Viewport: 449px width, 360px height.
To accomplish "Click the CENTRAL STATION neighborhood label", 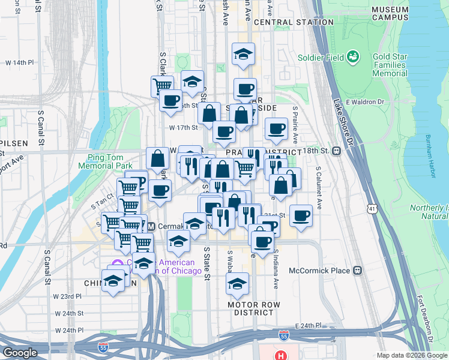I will coord(294,22).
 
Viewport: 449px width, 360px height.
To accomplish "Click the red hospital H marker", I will coord(280,355).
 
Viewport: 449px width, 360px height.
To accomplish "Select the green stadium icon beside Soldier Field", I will coord(353,58).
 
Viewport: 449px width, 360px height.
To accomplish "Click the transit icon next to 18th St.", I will coord(337,151).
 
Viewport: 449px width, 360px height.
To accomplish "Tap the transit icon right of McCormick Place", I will coord(358,270).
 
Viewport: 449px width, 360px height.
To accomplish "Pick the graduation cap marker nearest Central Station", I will coord(243,54).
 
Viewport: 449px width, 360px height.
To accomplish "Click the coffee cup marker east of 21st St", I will coord(301,215).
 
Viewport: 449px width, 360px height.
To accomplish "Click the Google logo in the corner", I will coord(20,353).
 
